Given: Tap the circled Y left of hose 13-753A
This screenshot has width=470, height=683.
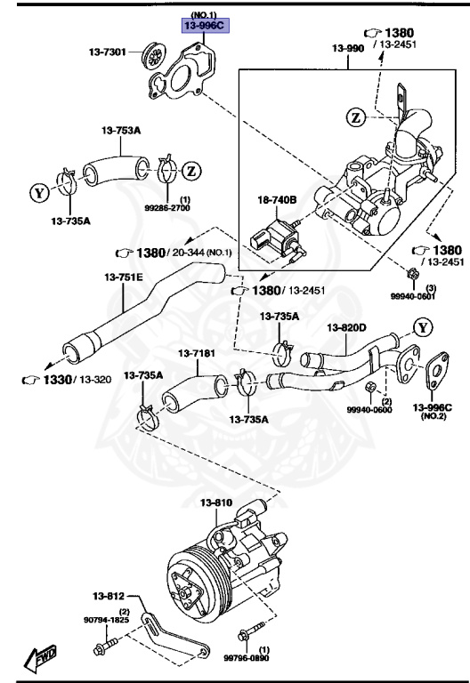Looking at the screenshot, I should (39, 190).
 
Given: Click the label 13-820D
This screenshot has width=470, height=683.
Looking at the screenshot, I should (346, 328).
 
